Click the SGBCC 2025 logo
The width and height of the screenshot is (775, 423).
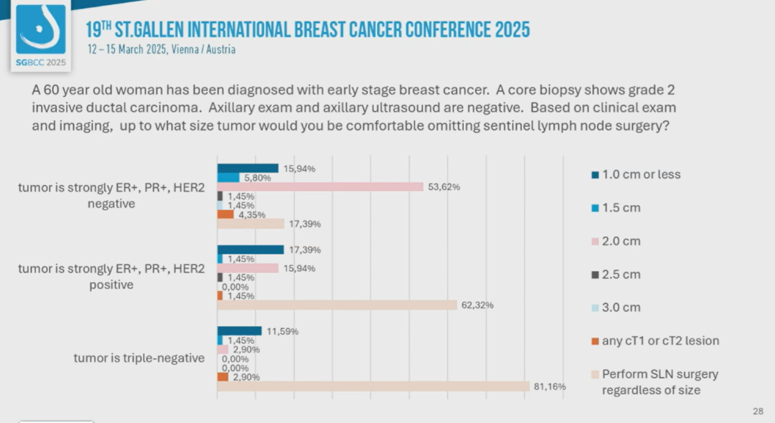[41, 36]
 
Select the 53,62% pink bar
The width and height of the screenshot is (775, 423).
[320, 186]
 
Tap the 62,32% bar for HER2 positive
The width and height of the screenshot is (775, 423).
[337, 305]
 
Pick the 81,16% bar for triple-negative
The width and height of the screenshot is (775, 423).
[373, 386]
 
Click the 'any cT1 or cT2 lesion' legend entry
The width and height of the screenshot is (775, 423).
[654, 341]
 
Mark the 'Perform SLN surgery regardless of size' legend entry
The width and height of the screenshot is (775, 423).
[654, 382]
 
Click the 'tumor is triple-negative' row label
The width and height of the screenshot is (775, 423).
[138, 358]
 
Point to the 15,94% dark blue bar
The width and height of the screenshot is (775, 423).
[248, 168]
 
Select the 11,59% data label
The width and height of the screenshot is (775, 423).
[282, 331]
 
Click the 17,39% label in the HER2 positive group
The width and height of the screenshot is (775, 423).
[304, 249]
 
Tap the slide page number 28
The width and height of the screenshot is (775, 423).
[758, 411]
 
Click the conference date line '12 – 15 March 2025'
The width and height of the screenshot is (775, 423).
[161, 49]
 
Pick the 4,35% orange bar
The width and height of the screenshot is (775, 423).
[225, 214]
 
